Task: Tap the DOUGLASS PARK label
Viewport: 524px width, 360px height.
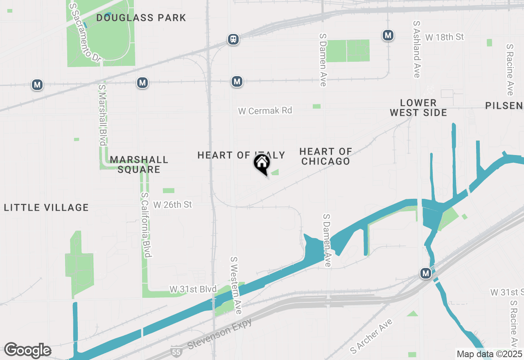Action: pyautogui.click(x=141, y=18)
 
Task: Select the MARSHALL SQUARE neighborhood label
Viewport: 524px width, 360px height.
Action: pyautogui.click(x=139, y=164)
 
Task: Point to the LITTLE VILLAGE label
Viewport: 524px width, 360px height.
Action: pyautogui.click(x=46, y=208)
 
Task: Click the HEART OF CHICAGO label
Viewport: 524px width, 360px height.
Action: pyautogui.click(x=326, y=157)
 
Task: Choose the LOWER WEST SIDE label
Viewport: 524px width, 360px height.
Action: pyautogui.click(x=418, y=108)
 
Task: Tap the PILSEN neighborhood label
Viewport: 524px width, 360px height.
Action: pyautogui.click(x=504, y=106)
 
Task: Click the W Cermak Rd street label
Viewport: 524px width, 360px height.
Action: pyautogui.click(x=265, y=110)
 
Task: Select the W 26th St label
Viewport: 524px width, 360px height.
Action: pyautogui.click(x=172, y=205)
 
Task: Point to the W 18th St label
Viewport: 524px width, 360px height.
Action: pyautogui.click(x=444, y=37)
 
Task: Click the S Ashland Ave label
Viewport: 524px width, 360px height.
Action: pyautogui.click(x=417, y=49)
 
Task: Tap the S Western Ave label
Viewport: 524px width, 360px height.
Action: pyautogui.click(x=236, y=286)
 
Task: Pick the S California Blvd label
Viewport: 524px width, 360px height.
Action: pyautogui.click(x=146, y=225)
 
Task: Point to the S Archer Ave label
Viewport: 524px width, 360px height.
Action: pyautogui.click(x=372, y=336)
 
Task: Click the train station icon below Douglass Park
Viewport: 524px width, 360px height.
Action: pyautogui.click(x=233, y=39)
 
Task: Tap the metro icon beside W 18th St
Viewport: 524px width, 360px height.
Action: pyautogui.click(x=388, y=36)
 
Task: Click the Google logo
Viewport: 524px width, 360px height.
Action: pyautogui.click(x=27, y=350)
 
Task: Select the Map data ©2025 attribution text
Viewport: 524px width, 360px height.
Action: pyautogui.click(x=490, y=354)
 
